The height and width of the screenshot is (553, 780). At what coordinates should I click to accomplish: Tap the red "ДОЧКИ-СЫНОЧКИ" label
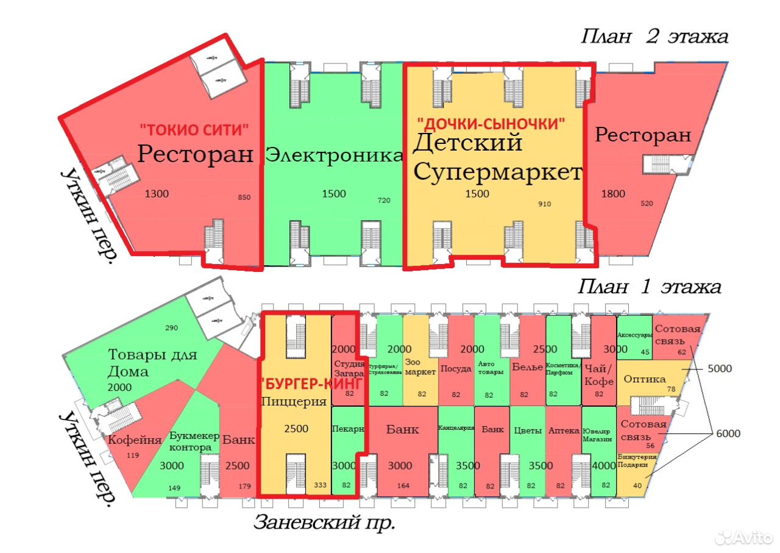[491, 123]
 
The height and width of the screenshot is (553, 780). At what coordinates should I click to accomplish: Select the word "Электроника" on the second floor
[335, 155]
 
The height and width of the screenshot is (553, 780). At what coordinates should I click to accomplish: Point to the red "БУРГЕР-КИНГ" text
[311, 384]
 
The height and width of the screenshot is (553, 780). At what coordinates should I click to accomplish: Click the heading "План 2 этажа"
[654, 37]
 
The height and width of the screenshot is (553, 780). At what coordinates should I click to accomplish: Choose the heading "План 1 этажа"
[650, 287]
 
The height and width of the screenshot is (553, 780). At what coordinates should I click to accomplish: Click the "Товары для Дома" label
[152, 363]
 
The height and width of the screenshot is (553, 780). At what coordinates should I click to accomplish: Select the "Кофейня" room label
[135, 440]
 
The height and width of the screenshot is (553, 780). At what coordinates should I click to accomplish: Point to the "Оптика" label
[645, 379]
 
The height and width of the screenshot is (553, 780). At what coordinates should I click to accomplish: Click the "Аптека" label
[564, 430]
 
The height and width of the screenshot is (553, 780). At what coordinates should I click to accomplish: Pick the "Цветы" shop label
[528, 430]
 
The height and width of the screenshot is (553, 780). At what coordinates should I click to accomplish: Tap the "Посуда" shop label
[456, 368]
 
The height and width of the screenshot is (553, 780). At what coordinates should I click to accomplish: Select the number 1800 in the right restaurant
[613, 194]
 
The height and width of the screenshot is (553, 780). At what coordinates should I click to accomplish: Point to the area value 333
[320, 485]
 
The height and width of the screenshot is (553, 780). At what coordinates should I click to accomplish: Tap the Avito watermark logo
[744, 537]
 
